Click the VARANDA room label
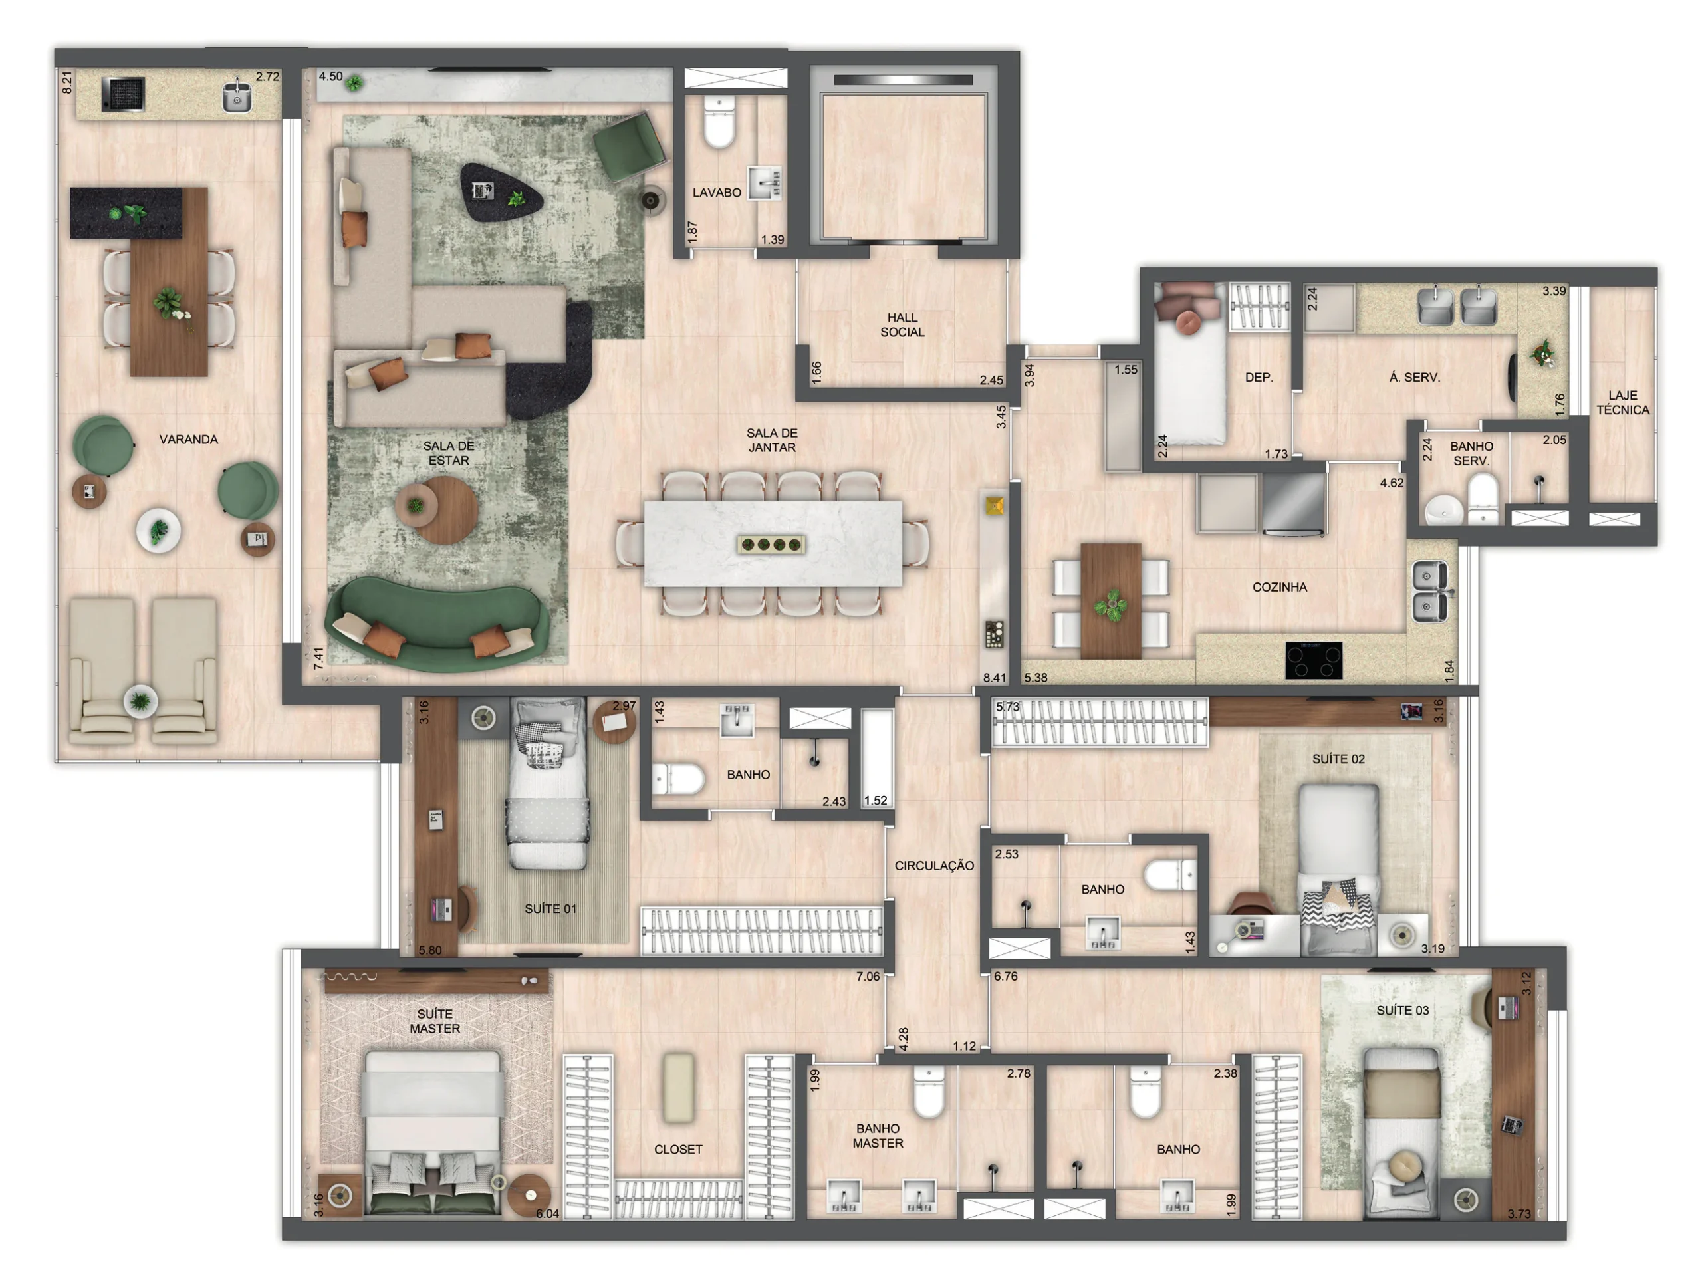188,440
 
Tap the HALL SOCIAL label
902,324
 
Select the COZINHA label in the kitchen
1279,587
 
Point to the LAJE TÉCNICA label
1622,402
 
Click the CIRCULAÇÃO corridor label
934,865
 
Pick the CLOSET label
677,1149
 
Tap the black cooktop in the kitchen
1314,660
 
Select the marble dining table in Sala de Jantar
773,543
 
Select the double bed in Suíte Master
433,1132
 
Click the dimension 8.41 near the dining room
995,677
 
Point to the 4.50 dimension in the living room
330,76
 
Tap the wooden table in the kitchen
1111,600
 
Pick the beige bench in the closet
677,1087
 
